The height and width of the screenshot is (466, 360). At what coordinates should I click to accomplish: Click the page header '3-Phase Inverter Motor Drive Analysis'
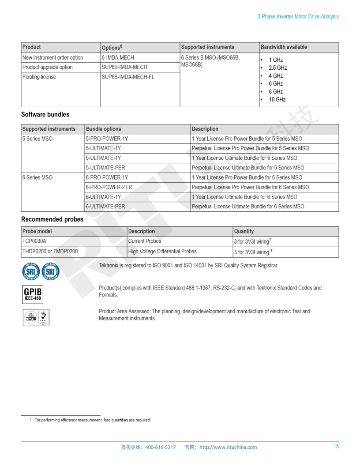click(x=298, y=16)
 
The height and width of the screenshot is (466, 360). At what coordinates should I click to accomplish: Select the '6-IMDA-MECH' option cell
click(x=118, y=58)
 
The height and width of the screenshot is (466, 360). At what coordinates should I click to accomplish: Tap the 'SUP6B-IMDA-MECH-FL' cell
click(x=128, y=77)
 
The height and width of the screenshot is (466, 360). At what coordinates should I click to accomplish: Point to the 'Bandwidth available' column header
click(x=284, y=47)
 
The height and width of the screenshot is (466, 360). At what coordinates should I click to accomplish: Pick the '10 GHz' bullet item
click(x=277, y=100)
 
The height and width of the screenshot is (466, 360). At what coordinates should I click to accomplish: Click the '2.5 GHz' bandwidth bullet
click(x=277, y=68)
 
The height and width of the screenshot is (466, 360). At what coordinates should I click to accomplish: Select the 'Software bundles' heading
click(x=45, y=115)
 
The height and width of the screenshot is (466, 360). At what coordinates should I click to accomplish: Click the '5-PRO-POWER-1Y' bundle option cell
click(x=107, y=139)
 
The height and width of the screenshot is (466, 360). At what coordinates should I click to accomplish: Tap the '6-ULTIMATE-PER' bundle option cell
click(x=105, y=207)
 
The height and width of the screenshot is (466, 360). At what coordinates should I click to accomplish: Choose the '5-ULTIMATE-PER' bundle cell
click(x=105, y=168)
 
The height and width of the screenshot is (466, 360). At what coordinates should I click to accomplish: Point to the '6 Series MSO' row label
click(x=37, y=177)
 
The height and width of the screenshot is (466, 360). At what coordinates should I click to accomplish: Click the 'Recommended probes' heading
click(x=52, y=219)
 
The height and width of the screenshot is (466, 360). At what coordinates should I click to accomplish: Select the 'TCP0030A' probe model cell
click(x=34, y=241)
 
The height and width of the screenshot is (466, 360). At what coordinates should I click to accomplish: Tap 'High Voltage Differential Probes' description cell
click(x=162, y=252)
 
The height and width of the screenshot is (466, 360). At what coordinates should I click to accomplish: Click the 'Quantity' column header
click(x=244, y=231)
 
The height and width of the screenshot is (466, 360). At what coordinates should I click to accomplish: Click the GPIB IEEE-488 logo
click(x=33, y=294)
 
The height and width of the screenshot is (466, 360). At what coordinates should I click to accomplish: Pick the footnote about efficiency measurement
click(x=92, y=420)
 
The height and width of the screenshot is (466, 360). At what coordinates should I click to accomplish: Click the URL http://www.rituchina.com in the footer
click(x=228, y=447)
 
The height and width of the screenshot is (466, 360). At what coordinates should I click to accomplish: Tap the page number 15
click(x=336, y=447)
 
